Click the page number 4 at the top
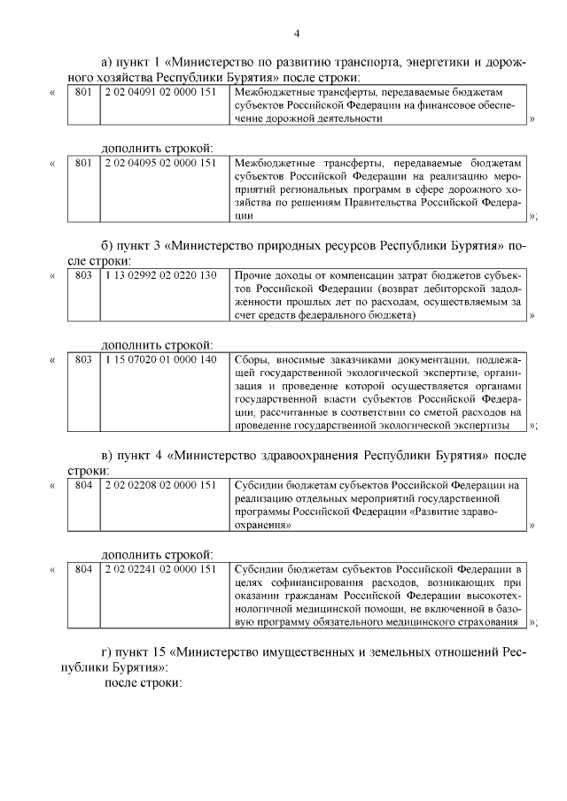point(297,34)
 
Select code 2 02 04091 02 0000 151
point(159,90)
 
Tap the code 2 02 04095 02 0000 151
point(159,163)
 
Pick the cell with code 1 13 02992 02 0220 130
point(159,275)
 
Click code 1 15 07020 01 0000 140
point(159,359)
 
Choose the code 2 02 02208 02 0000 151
point(159,485)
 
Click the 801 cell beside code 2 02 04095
point(83,163)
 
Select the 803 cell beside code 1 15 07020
point(83,359)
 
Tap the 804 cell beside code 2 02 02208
point(83,485)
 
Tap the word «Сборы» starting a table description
point(252,359)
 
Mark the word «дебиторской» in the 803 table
point(449,289)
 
